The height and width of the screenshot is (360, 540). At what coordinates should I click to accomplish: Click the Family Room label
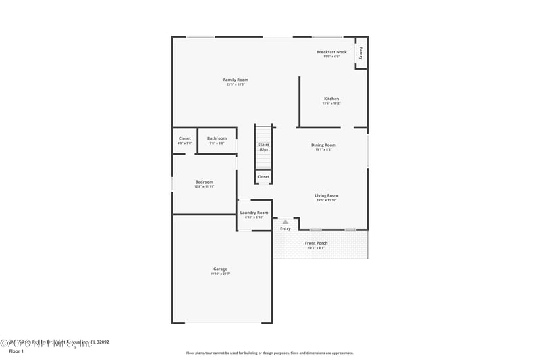[236, 80]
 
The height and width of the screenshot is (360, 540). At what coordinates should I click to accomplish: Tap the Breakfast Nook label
[331, 52]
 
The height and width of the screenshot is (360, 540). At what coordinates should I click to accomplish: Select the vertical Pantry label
[361, 53]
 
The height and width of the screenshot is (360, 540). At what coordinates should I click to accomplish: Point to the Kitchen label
[331, 99]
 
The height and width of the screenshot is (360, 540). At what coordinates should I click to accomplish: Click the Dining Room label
[323, 145]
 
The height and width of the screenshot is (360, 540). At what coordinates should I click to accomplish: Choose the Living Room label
[327, 195]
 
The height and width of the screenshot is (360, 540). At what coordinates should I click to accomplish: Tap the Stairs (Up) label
[263, 147]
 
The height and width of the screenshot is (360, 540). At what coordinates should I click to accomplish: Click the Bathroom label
[217, 138]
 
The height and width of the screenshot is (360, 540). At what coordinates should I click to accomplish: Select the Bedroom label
[204, 182]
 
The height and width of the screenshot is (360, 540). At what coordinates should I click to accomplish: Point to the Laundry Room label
[254, 213]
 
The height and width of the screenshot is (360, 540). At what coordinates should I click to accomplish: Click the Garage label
[221, 269]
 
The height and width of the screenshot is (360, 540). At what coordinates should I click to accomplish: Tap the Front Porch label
[316, 243]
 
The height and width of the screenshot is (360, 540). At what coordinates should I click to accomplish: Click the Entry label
[286, 228]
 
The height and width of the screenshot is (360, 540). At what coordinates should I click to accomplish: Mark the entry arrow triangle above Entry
[286, 221]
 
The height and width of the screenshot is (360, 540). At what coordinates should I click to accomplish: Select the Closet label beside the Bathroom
[184, 138]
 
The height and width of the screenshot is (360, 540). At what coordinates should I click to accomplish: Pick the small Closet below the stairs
[263, 177]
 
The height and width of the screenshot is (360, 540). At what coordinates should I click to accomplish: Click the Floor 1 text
[16, 351]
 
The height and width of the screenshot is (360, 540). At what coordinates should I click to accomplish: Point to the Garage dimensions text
[221, 274]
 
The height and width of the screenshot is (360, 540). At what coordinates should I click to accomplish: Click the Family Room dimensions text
[236, 84]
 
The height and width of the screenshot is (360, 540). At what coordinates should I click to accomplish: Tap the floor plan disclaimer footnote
[269, 353]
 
